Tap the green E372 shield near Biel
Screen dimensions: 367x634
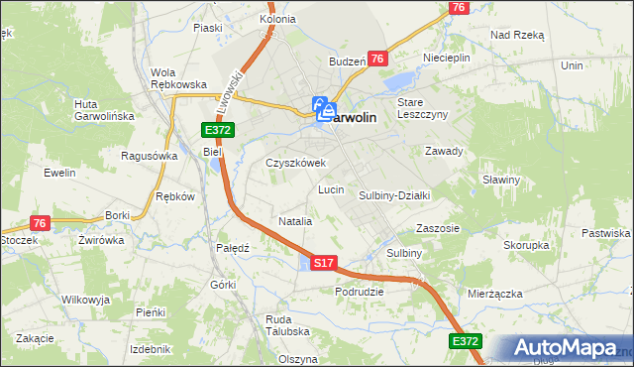point(219,131)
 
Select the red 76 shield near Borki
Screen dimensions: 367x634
point(40,223)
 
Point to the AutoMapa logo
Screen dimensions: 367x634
point(568,348)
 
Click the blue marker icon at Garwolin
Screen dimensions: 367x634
point(324,110)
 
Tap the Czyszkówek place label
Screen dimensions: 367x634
point(295,163)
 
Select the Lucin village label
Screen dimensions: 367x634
point(331,188)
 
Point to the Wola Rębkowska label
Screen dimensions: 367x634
point(177,78)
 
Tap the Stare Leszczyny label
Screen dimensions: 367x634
point(423,108)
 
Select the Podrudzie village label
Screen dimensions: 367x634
point(359,292)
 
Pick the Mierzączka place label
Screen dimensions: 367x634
point(493,294)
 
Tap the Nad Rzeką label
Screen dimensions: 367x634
point(517,35)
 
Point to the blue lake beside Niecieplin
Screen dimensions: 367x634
point(401,80)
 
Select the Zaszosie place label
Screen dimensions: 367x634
point(438,227)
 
